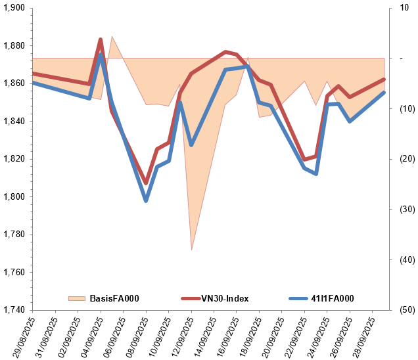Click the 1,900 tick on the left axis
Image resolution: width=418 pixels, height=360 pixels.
pyautogui.click(x=14, y=8)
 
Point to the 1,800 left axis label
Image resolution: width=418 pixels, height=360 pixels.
pyautogui.click(x=14, y=196)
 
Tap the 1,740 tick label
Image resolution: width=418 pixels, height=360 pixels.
pyautogui.click(x=14, y=310)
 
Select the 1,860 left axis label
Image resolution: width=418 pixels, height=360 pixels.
pyautogui.click(x=14, y=83)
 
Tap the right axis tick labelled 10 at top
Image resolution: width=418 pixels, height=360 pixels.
pyautogui.click(x=402, y=8)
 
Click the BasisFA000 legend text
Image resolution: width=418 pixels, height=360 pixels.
pyautogui.click(x=114, y=299)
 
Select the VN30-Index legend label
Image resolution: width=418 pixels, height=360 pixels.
pyautogui.click(x=225, y=299)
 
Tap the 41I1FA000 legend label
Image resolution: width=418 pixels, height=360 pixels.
pyautogui.click(x=332, y=299)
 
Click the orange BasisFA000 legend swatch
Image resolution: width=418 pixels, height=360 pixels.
pyautogui.click(x=77, y=299)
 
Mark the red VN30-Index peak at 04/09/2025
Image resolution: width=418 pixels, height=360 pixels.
pyautogui.click(x=101, y=40)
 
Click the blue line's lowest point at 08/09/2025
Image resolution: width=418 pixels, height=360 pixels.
pyautogui.click(x=146, y=200)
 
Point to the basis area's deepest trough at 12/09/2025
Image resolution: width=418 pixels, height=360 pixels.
pyautogui.click(x=191, y=250)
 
